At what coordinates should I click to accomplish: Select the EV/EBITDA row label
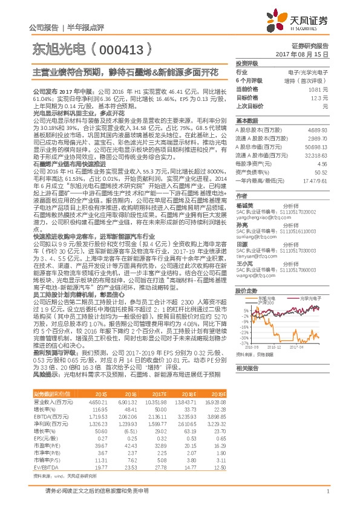pos(43,467)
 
